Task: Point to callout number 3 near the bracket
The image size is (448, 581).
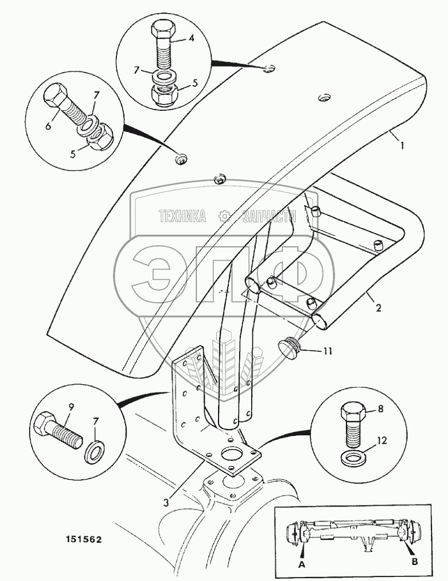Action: (x=165, y=502)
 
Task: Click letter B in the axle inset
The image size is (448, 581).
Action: (x=415, y=562)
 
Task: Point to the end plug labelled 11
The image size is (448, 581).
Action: (x=289, y=347)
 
